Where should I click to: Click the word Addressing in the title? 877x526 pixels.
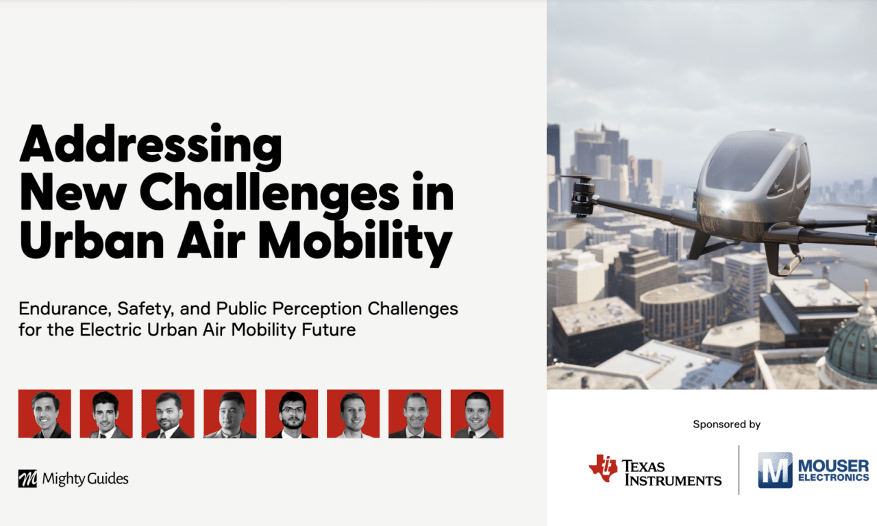coord(151,146)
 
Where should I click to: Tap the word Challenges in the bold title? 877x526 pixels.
coord(269,194)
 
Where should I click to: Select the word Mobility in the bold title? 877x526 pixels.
coord(356,241)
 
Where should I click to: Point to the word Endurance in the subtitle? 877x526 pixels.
coord(65,309)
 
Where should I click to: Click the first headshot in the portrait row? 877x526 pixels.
coord(45,414)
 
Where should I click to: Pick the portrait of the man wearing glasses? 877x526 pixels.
coord(292,414)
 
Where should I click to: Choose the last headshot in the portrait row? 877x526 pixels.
coord(477,414)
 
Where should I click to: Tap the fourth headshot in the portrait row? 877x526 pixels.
coord(230,414)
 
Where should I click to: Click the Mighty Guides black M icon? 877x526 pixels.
coord(27,479)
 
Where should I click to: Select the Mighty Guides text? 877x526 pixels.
coord(86,479)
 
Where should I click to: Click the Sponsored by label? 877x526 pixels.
coord(727,424)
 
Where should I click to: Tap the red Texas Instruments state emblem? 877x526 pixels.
coord(604,468)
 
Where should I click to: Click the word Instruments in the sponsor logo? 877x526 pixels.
coord(673,481)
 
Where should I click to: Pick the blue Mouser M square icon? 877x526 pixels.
coord(775,470)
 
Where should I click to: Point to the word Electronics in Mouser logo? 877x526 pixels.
coord(834,478)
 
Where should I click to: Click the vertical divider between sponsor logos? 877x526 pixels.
coord(739,470)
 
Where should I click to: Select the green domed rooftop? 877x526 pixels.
coord(854,346)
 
